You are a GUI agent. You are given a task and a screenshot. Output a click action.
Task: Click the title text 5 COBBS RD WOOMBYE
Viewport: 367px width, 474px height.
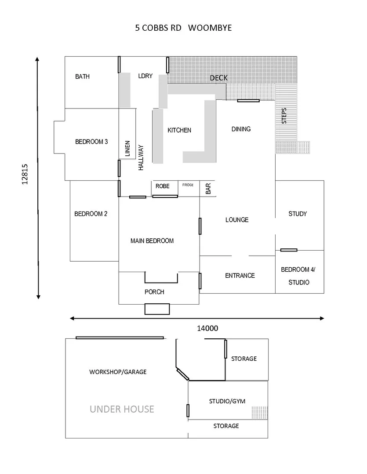click(183, 28)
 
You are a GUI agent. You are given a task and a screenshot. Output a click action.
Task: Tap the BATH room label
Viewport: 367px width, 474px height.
click(82, 76)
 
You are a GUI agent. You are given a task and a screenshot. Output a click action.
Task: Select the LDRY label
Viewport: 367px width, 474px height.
click(145, 76)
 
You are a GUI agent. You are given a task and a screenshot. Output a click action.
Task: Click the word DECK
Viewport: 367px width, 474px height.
click(218, 78)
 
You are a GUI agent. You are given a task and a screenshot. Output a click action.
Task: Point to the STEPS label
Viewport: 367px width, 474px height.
click(284, 115)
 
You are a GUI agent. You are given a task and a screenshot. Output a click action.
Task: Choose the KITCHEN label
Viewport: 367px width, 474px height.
click(179, 130)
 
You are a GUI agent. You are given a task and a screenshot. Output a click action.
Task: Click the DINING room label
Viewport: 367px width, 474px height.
click(241, 129)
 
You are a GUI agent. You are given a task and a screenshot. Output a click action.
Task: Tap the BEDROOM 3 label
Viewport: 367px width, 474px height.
click(91, 142)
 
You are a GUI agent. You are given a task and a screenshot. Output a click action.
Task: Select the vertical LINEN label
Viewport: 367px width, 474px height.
click(127, 149)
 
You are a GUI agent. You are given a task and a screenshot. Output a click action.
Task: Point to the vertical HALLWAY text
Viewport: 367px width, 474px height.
click(141, 158)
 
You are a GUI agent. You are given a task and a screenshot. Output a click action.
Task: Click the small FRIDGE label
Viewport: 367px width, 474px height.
click(188, 185)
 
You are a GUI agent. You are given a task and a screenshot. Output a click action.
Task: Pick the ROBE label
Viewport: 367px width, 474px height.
click(162, 186)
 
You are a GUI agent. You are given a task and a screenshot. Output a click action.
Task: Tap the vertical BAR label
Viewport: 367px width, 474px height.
click(208, 189)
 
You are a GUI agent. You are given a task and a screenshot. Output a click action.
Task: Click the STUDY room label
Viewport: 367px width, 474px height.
click(298, 214)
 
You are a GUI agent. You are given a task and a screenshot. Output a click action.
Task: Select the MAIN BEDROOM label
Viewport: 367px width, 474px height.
click(152, 241)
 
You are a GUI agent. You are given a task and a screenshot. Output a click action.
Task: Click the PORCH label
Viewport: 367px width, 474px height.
click(154, 292)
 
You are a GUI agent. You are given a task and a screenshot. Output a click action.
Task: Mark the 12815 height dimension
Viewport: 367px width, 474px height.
click(25, 175)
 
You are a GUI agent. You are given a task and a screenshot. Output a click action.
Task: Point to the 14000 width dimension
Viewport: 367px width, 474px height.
click(208, 328)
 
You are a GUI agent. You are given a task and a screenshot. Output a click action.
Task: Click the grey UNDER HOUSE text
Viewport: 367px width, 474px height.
click(122, 409)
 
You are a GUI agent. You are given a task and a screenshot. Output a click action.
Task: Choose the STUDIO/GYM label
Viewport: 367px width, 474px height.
click(227, 401)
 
